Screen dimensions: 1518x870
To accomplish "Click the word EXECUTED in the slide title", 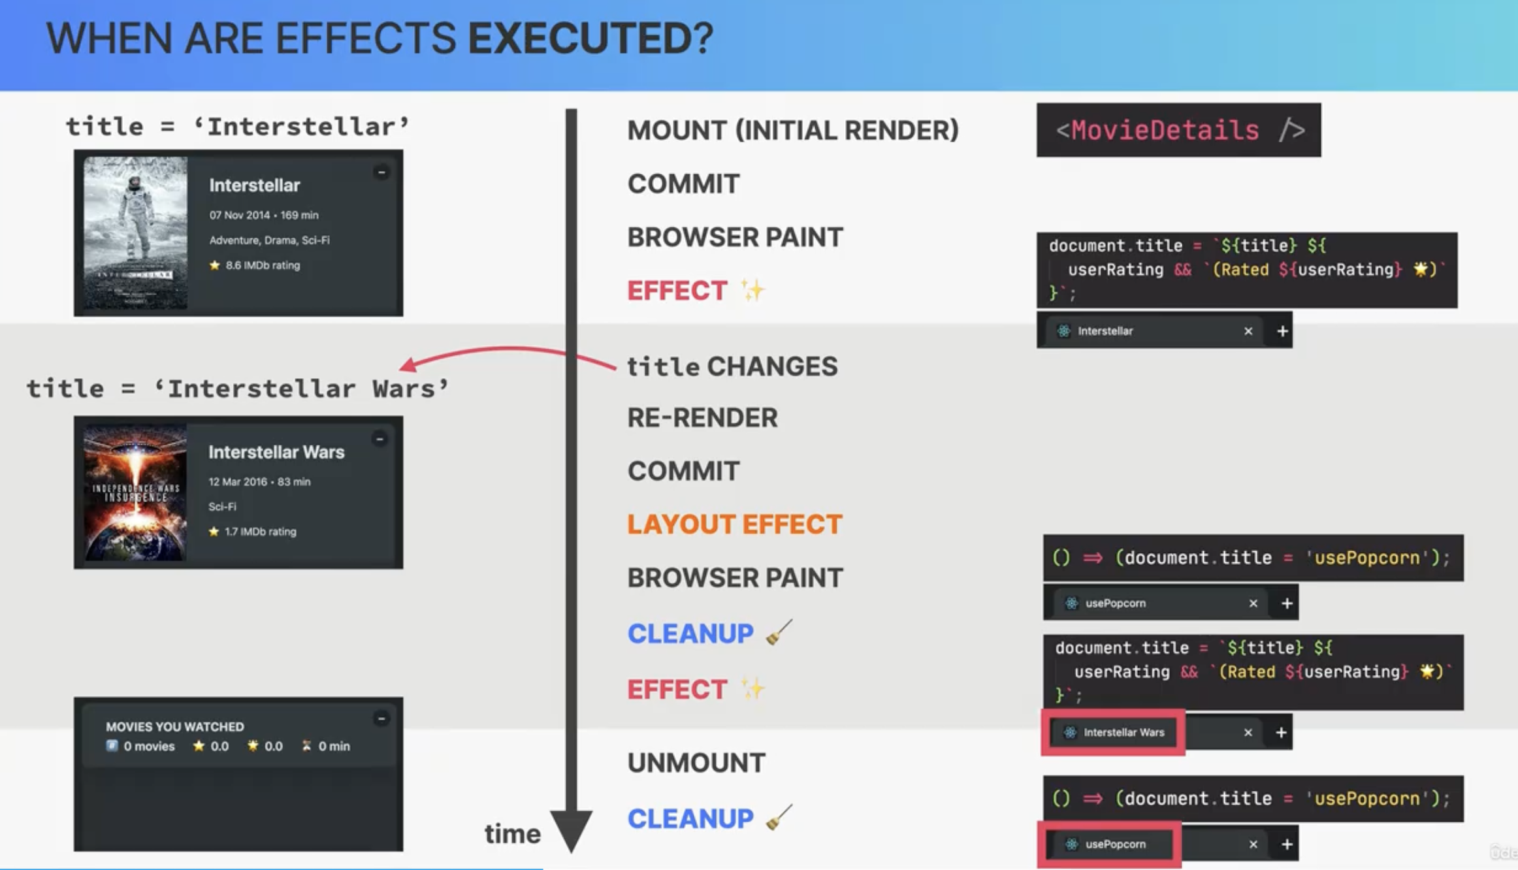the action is tap(590, 38).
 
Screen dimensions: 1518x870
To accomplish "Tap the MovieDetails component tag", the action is tap(1178, 130).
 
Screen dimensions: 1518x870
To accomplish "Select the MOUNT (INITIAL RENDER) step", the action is tap(793, 130).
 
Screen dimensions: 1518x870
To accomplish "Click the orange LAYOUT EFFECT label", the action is tap(735, 524).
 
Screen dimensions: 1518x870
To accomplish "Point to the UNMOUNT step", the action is tap(696, 763).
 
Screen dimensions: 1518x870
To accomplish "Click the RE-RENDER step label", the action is tap(702, 418).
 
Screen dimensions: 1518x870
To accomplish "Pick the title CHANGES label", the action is tap(732, 366).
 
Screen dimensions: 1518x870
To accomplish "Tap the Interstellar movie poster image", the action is tap(135, 233).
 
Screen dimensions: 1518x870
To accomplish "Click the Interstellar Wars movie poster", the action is tap(135, 492).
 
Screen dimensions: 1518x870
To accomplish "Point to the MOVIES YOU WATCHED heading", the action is tap(174, 726).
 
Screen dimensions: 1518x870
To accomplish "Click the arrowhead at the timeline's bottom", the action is tap(571, 831).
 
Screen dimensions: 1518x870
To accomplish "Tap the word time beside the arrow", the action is tap(513, 834).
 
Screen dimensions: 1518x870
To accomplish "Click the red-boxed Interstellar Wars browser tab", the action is tap(1113, 732).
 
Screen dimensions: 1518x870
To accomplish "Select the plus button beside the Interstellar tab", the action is tap(1282, 331).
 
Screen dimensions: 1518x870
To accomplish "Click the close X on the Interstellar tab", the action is tap(1248, 331).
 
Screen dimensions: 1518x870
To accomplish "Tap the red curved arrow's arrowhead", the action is tap(408, 364).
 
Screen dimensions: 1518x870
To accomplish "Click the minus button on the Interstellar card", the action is tap(381, 172).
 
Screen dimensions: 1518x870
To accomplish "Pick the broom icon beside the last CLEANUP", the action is tap(779, 817).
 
